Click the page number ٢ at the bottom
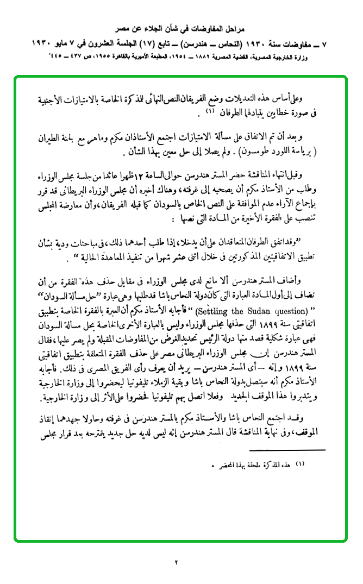pos(177,561)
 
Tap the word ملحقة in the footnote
pos(248,465)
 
